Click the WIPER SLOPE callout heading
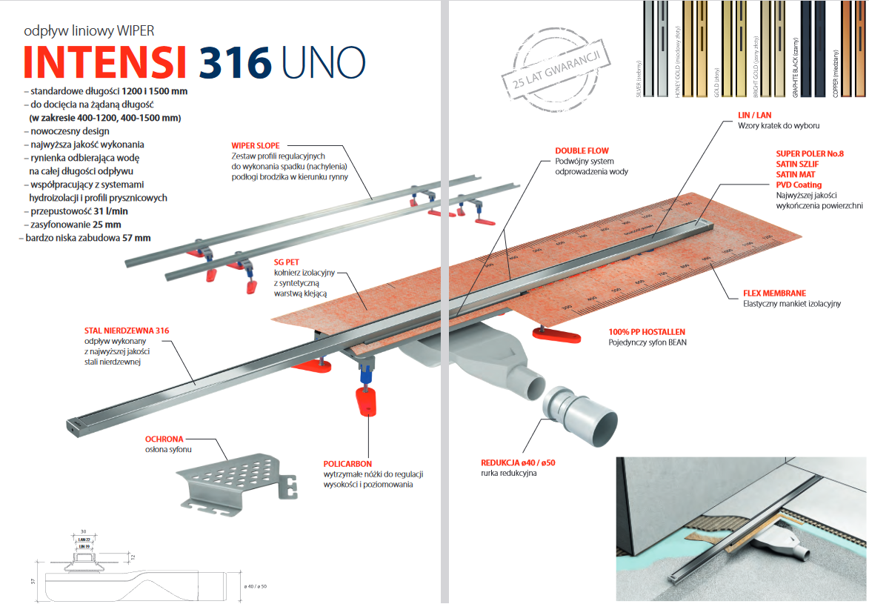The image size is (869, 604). click(256, 146)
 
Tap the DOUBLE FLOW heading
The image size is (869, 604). click(582, 151)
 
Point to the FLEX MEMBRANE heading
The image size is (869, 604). click(775, 293)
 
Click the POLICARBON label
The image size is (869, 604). click(347, 463)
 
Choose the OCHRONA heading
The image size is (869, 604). click(164, 439)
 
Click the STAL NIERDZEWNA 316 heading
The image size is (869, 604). click(122, 331)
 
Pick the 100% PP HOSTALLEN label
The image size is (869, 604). click(647, 332)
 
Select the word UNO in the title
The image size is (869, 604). click(323, 63)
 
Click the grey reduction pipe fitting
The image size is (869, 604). click(579, 419)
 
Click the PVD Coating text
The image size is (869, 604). click(798, 185)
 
